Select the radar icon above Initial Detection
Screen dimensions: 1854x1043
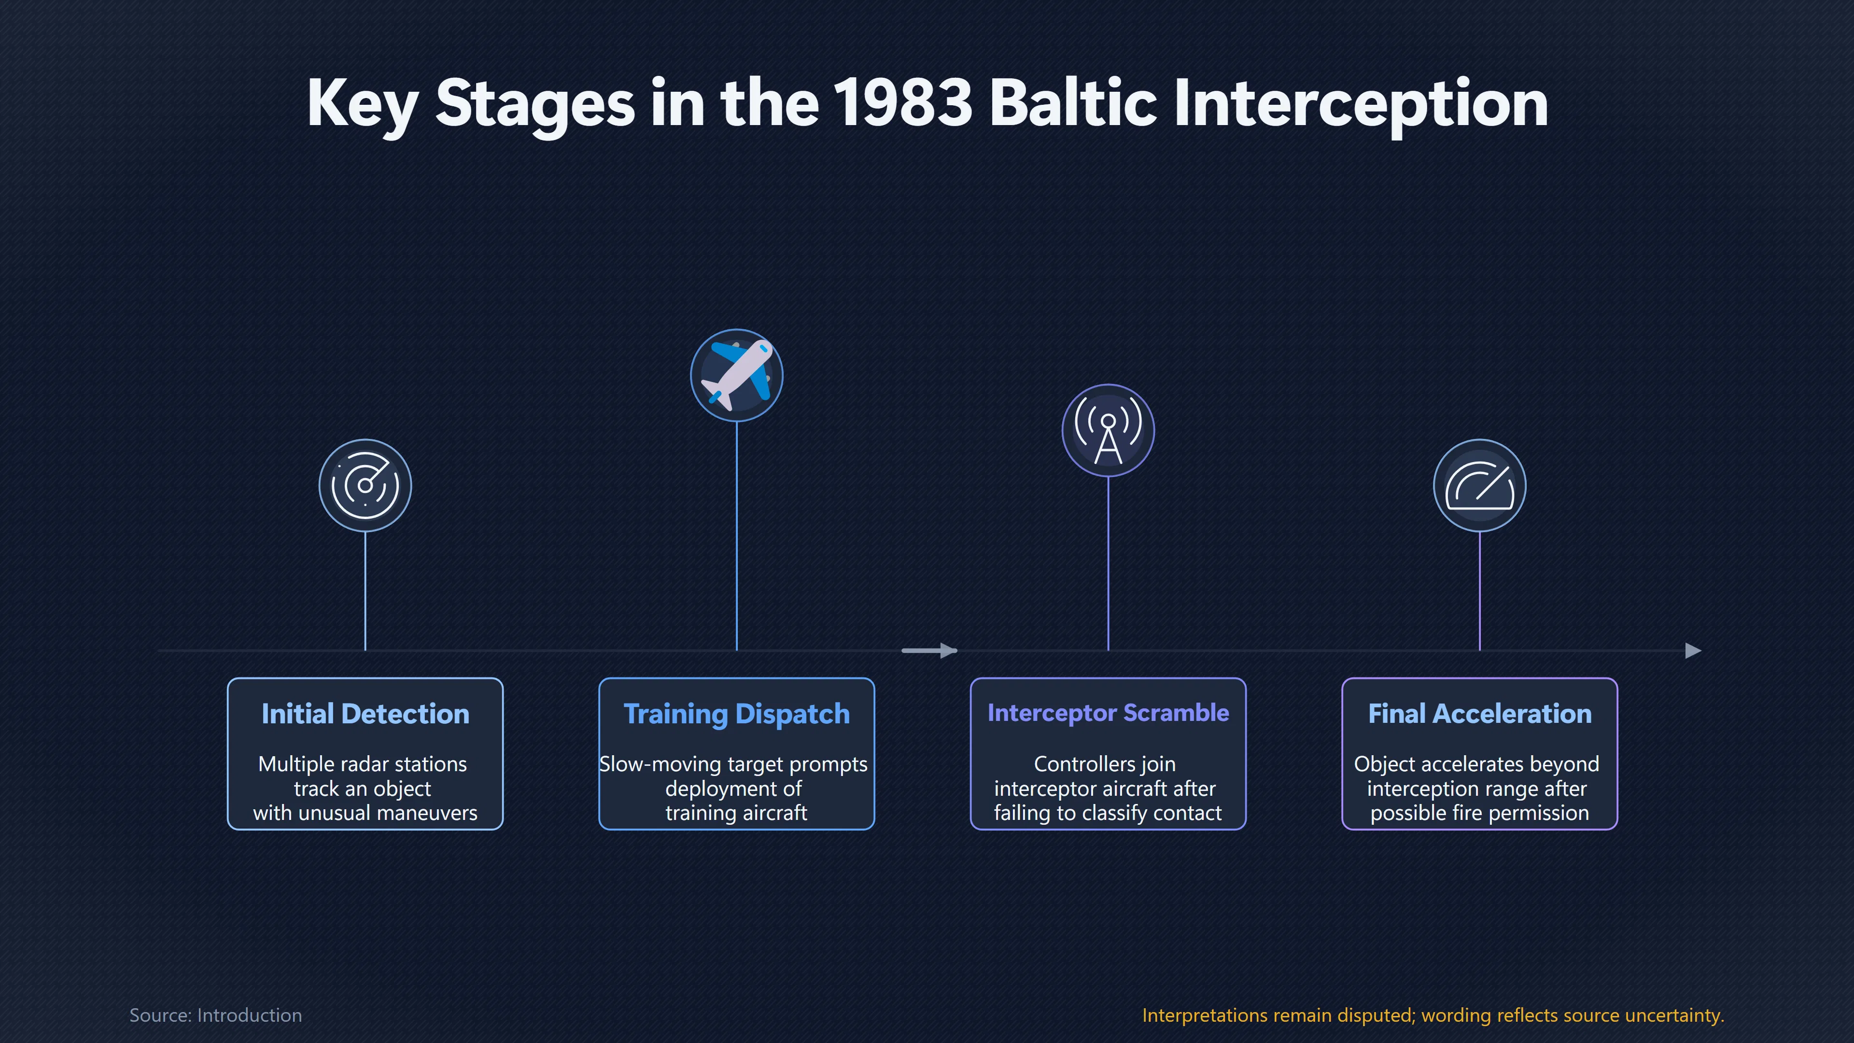pyautogui.click(x=365, y=485)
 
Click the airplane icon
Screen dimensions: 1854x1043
pyautogui.click(x=736, y=375)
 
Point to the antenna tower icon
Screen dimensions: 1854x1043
pyautogui.click(x=1109, y=430)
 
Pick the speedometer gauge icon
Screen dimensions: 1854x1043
pyautogui.click(x=1480, y=485)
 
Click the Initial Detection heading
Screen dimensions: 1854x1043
pyautogui.click(x=365, y=713)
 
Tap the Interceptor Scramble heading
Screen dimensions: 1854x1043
pyautogui.click(x=1109, y=713)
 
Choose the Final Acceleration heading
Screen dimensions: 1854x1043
pyautogui.click(x=1480, y=713)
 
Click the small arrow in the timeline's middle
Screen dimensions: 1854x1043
pyautogui.click(x=929, y=651)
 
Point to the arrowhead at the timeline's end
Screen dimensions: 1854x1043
pyautogui.click(x=1694, y=651)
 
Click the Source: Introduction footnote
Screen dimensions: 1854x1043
pyautogui.click(x=215, y=1015)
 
